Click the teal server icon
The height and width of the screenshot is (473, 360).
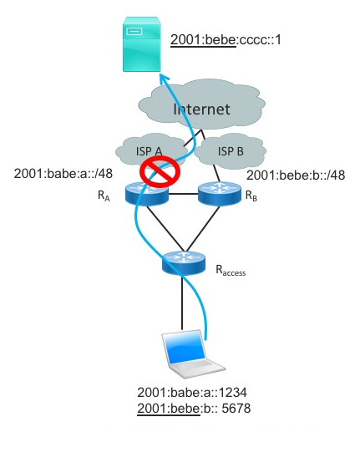(x=142, y=44)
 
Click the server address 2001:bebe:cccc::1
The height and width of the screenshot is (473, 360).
(x=226, y=39)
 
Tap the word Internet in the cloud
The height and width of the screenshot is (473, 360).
(x=201, y=109)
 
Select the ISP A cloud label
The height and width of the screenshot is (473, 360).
(x=149, y=151)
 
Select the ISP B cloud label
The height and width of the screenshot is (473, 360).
(x=231, y=151)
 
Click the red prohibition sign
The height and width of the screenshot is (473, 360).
(x=160, y=171)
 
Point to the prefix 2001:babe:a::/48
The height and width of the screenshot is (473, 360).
(x=63, y=174)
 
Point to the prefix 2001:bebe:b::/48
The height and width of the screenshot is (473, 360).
(x=296, y=175)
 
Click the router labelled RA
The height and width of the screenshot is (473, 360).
(x=146, y=194)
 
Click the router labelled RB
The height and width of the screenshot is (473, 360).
(x=220, y=193)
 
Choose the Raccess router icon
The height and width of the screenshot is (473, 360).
(x=184, y=263)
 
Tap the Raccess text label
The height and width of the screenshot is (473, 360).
(x=231, y=270)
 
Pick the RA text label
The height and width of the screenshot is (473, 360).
(x=104, y=196)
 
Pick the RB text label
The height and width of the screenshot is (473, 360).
(x=251, y=196)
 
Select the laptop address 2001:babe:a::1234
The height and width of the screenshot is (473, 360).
(x=192, y=393)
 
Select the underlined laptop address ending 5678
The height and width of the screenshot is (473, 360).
(x=194, y=409)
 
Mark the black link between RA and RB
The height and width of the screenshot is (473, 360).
(x=183, y=194)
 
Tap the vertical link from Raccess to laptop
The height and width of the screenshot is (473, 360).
(x=182, y=303)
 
